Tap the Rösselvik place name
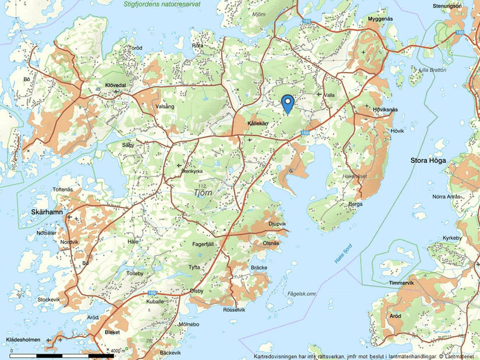(234, 310)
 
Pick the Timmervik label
(401, 283)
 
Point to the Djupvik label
(277, 223)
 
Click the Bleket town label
(112, 332)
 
